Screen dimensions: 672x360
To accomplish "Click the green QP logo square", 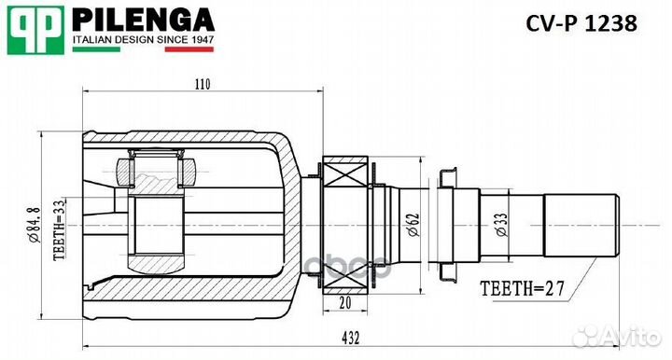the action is click(x=35, y=31).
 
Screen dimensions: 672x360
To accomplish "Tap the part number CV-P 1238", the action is click(x=581, y=23).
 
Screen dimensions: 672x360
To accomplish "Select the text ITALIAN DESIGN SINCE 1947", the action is click(x=143, y=40).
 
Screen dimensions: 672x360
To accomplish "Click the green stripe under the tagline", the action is click(x=96, y=49).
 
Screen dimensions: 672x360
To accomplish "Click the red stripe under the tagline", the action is click(x=189, y=49).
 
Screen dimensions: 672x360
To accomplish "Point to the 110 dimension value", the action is click(x=203, y=84).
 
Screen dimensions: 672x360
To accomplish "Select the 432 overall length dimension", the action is click(x=350, y=339).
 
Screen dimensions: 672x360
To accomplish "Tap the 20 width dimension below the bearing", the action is click(x=345, y=302).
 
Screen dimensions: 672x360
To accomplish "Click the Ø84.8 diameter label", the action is click(x=34, y=224).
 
